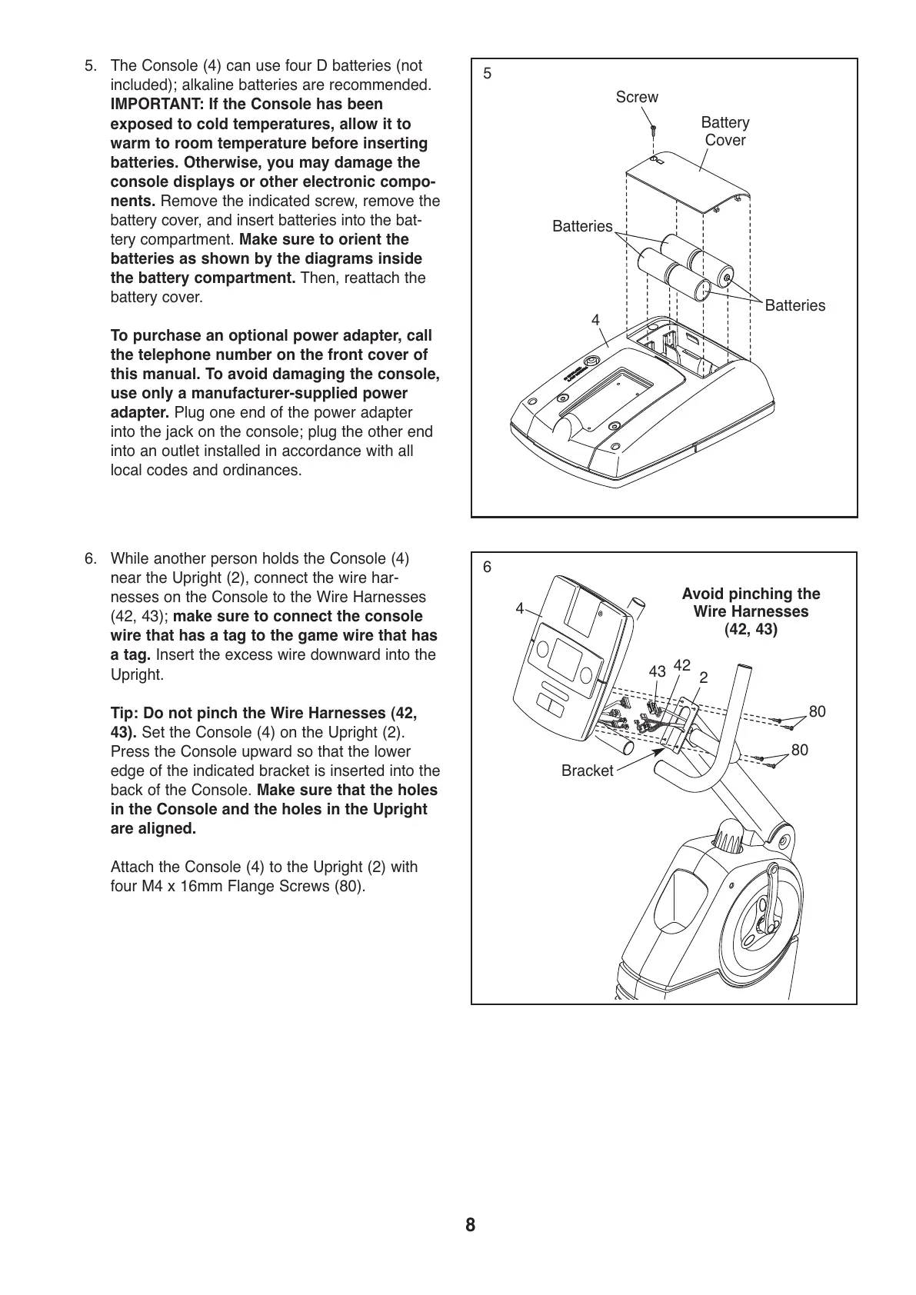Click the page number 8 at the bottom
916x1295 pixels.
(x=470, y=1225)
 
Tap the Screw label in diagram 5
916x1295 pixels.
(x=637, y=97)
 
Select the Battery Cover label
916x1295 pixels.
(x=724, y=131)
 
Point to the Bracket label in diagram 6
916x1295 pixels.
(x=587, y=771)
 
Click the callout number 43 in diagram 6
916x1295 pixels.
(x=657, y=671)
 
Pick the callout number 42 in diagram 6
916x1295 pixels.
(x=681, y=664)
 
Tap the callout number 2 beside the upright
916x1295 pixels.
(x=703, y=677)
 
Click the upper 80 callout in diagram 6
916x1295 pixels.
(x=817, y=711)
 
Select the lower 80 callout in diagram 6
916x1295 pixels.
(x=799, y=750)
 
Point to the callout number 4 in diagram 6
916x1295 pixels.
(x=520, y=608)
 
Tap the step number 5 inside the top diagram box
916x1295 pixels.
(x=487, y=74)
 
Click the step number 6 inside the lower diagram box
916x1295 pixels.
(x=487, y=568)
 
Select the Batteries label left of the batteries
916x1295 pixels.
(x=582, y=226)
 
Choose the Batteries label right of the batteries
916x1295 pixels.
(x=794, y=305)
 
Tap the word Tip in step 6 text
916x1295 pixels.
(x=123, y=713)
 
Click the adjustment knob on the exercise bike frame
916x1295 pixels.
(x=728, y=834)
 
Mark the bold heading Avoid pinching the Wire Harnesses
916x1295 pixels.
(x=751, y=611)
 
